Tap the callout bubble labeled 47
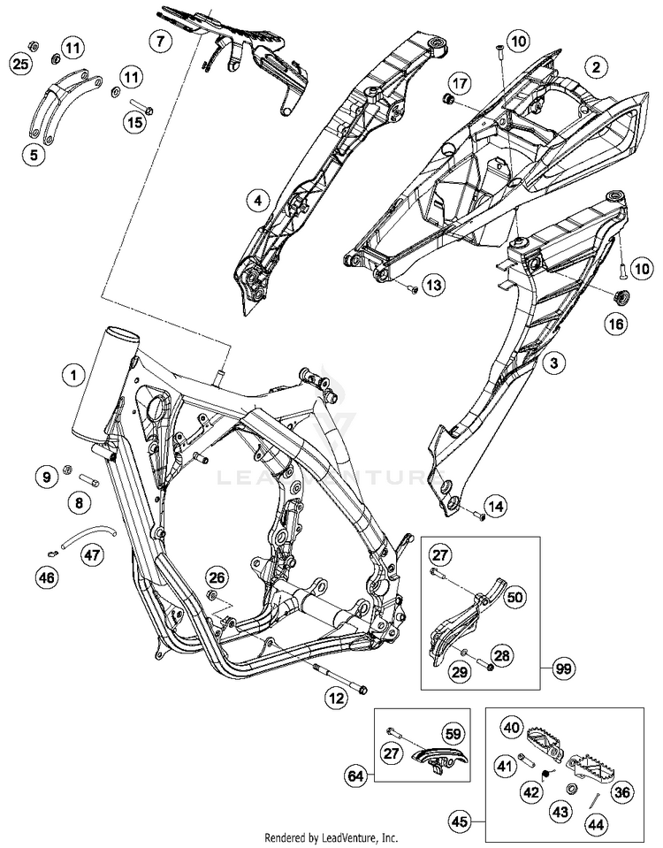click(92, 554)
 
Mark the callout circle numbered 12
click(335, 699)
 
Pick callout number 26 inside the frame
click(216, 577)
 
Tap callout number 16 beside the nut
click(615, 325)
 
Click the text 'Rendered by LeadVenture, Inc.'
click(331, 837)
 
